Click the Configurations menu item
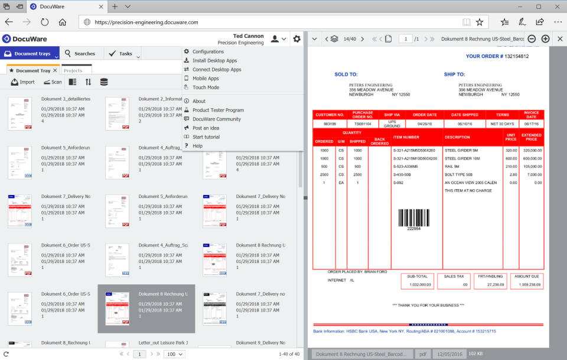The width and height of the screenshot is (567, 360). tap(208, 51)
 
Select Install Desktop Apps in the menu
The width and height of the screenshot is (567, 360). tap(214, 60)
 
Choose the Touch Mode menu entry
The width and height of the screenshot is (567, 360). tap(206, 87)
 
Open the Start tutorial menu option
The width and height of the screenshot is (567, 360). tap(206, 137)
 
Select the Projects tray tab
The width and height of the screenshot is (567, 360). tap(73, 71)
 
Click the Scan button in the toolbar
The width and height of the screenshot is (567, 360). tap(53, 82)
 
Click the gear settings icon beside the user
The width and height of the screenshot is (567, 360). tap(296, 39)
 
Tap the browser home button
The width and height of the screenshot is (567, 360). tap(62, 22)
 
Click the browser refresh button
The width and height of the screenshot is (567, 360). tap(44, 22)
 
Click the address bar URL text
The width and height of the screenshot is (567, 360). tap(146, 22)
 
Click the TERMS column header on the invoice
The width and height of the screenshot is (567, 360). tap(503, 115)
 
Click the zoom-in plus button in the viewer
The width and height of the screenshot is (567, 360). tap(545, 39)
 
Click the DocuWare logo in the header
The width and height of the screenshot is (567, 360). tap(25, 39)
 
